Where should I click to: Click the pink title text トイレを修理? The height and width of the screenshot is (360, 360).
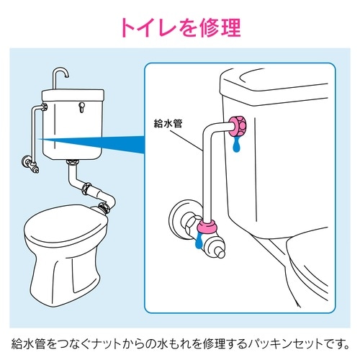click(x=180, y=28)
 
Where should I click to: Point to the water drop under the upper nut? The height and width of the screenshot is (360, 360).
click(x=236, y=146)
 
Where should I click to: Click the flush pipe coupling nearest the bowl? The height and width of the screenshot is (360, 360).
click(x=105, y=207)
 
